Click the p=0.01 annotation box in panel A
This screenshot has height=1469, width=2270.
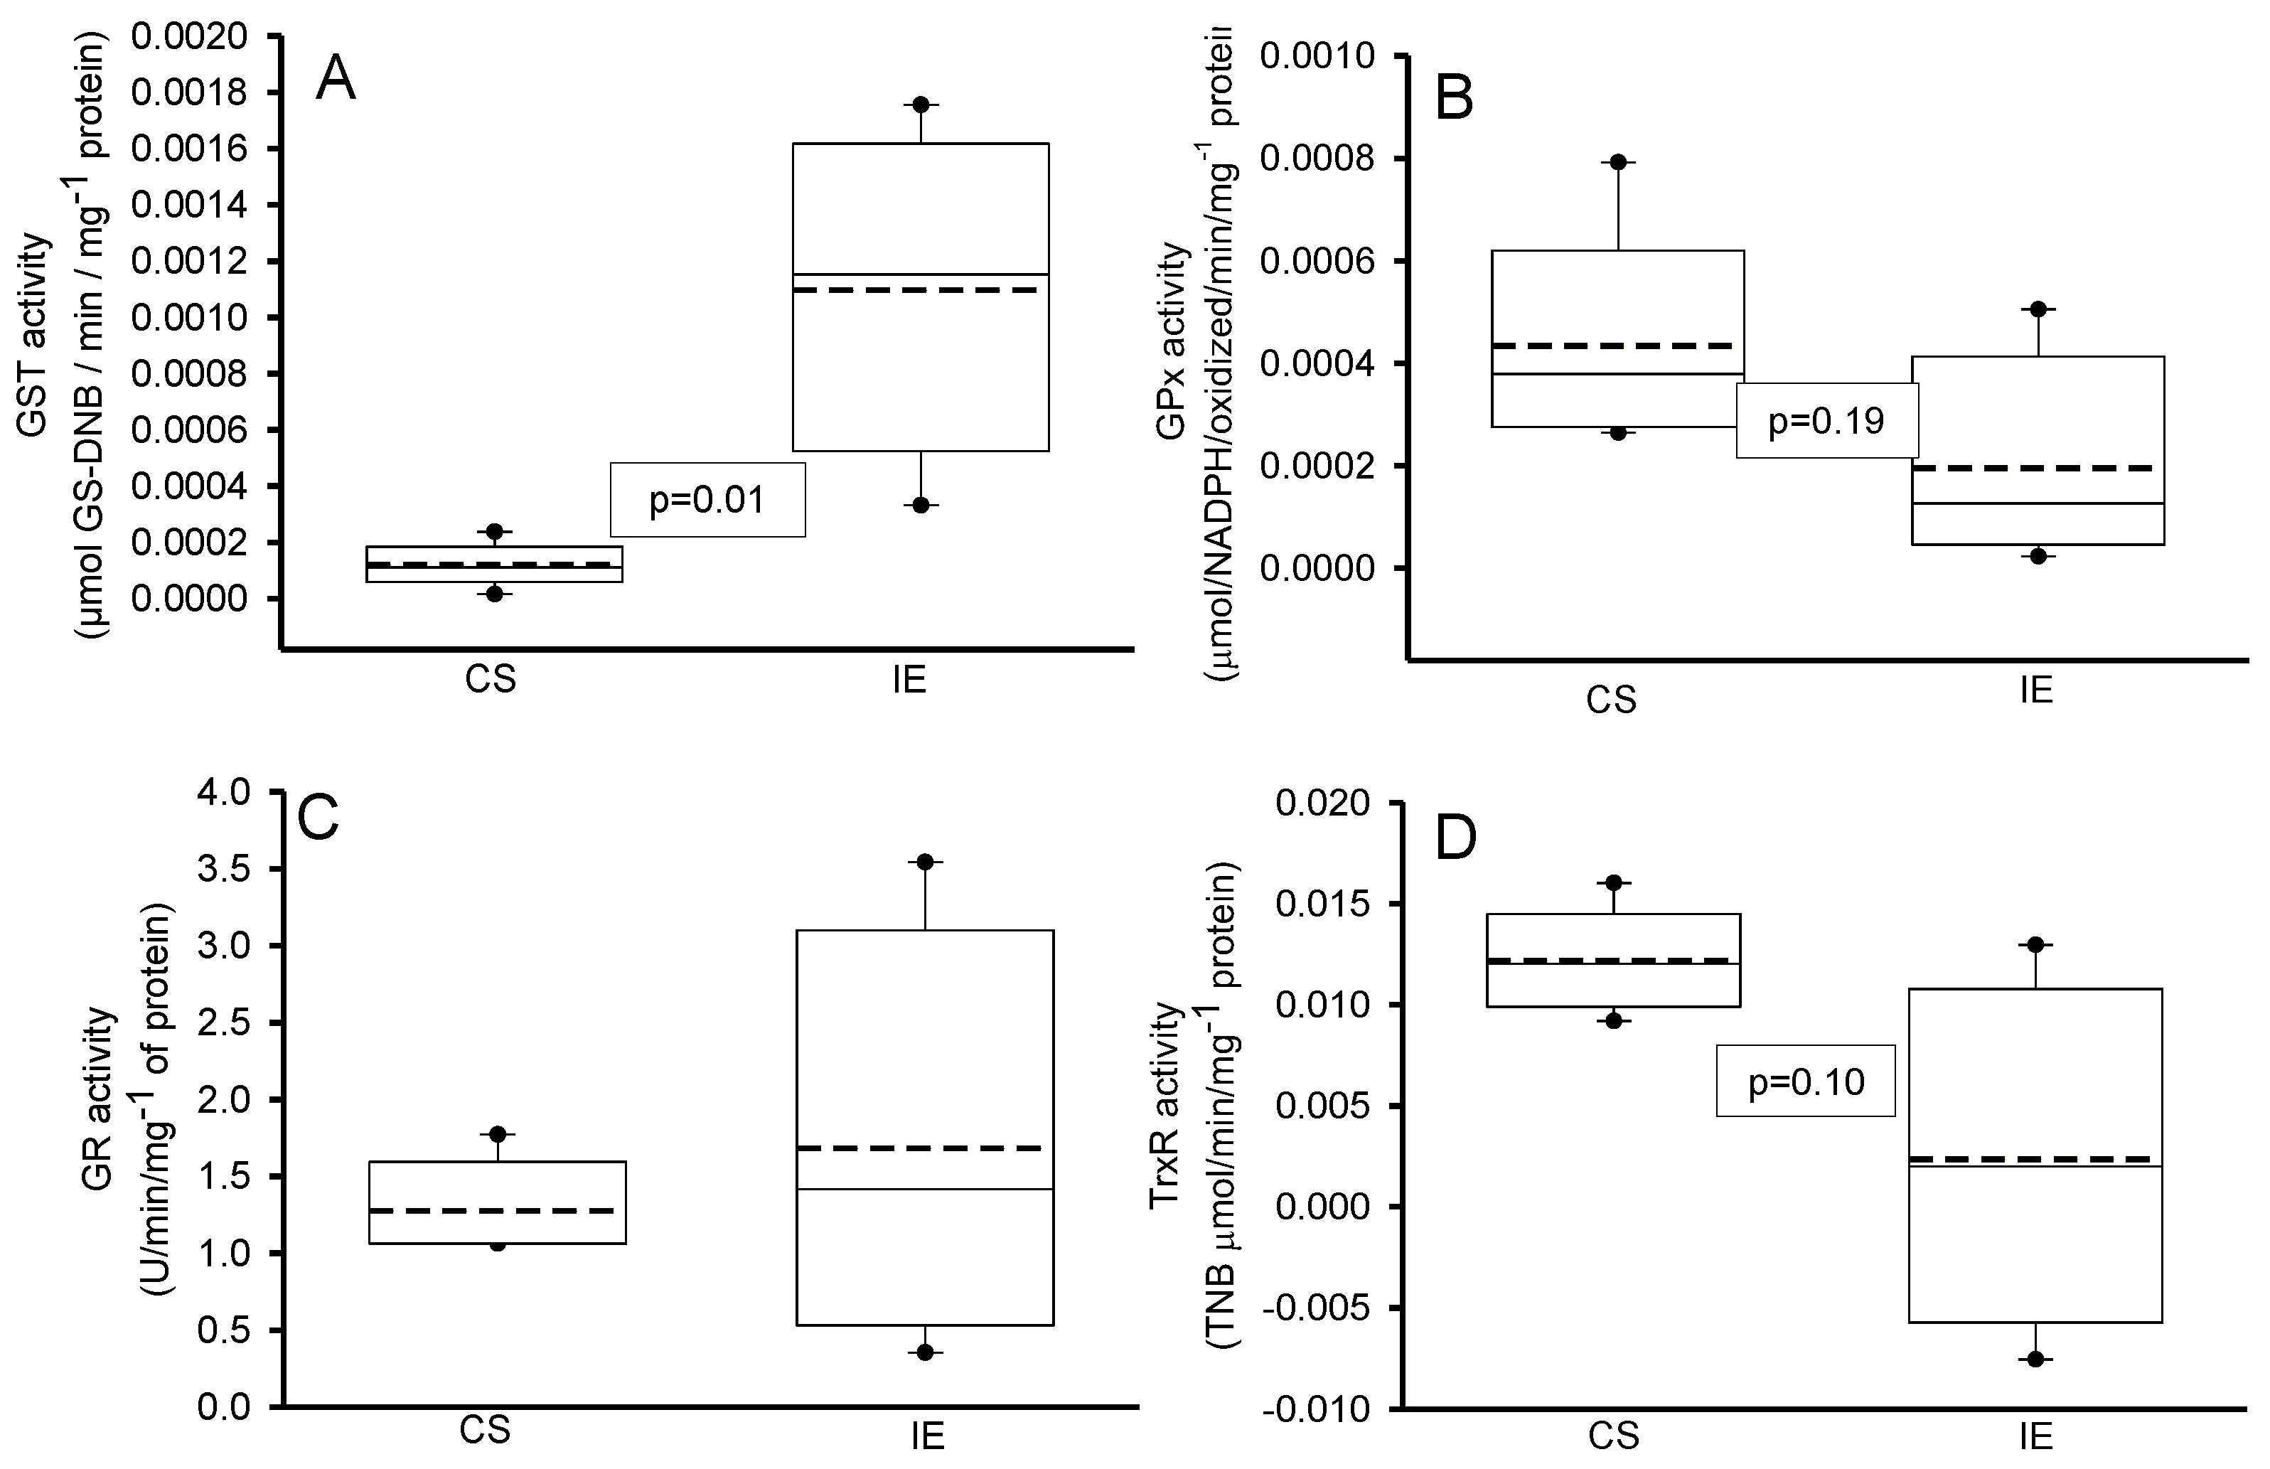[707, 500]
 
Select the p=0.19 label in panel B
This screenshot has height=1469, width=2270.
[1826, 421]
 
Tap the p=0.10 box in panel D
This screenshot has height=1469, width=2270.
[1806, 1081]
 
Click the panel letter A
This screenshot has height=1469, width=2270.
[336, 78]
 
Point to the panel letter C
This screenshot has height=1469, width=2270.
[318, 818]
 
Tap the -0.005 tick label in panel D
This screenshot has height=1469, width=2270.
[1321, 1309]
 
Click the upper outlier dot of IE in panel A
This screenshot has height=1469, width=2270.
[921, 104]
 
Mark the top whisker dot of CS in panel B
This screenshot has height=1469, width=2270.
[1619, 161]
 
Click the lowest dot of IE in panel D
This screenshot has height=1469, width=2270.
[2035, 1360]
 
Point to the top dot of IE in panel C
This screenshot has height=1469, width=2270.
[924, 861]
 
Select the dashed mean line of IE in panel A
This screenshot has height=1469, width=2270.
[921, 289]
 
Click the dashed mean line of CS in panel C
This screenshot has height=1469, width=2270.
[497, 1210]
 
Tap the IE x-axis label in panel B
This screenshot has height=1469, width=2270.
[2035, 690]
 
